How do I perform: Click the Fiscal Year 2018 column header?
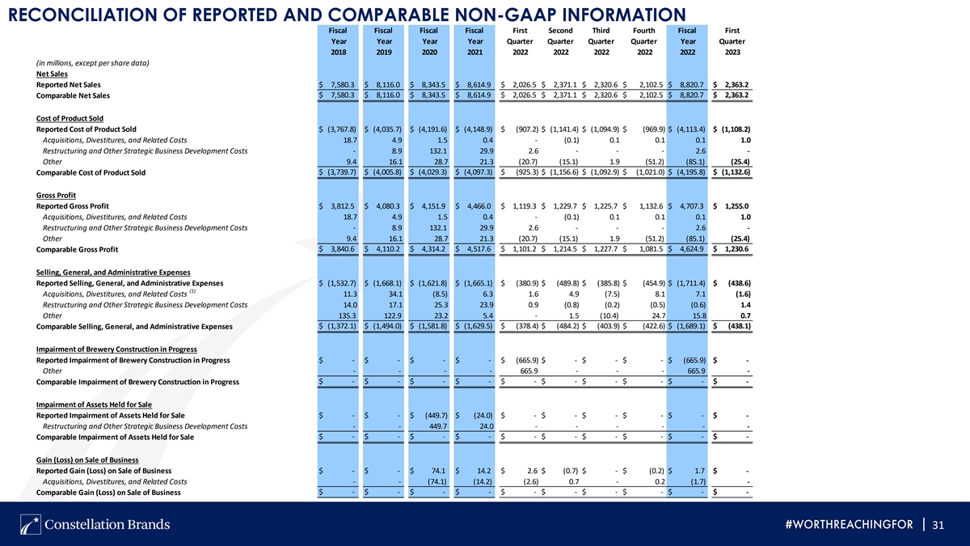pos(338,41)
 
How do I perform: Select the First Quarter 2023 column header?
pos(732,41)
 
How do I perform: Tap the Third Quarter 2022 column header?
pos(601,41)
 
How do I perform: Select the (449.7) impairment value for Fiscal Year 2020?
pos(436,415)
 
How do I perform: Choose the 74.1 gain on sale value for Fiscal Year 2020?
pos(439,471)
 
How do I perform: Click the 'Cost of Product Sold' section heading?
pos(70,118)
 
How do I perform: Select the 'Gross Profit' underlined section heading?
pos(56,196)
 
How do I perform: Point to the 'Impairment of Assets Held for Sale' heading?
pos(94,404)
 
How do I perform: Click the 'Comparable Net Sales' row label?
pos(73,95)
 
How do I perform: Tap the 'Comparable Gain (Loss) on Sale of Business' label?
pos(108,493)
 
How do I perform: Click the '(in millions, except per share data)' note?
pos(92,63)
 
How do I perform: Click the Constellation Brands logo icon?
pos(31,524)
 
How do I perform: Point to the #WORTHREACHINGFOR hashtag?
pos(849,525)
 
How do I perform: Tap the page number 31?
pos(938,525)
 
